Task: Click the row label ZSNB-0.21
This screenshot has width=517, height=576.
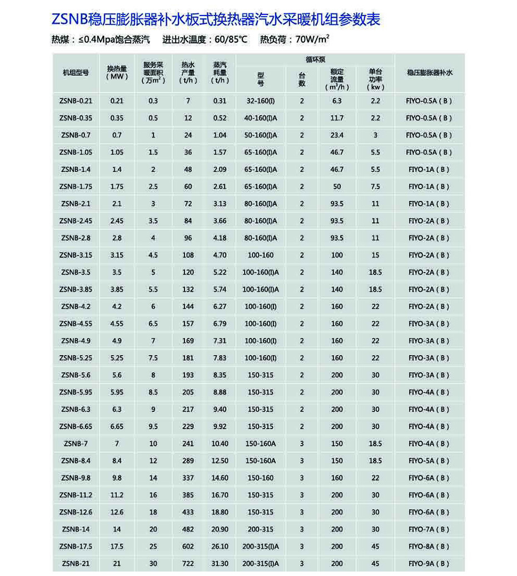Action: tap(76, 101)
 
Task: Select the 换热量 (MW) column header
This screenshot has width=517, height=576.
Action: tap(117, 72)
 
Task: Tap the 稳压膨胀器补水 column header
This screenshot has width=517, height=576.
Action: tap(430, 72)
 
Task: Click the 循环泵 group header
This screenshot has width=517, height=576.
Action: tap(315, 58)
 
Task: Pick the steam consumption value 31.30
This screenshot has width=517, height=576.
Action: tap(220, 564)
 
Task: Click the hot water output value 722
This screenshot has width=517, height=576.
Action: tap(188, 564)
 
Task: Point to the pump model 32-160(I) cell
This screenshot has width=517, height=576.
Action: tap(260, 101)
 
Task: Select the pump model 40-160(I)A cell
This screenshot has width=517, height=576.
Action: tap(260, 118)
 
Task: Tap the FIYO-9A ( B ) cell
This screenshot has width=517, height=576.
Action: tap(429, 564)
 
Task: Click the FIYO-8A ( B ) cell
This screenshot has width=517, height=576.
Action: tap(429, 547)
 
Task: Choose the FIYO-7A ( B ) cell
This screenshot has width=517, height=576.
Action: tap(429, 529)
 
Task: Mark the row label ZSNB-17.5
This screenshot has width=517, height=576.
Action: tap(76, 547)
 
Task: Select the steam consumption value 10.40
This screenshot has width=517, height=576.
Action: tap(220, 444)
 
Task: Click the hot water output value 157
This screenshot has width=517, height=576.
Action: tap(188, 323)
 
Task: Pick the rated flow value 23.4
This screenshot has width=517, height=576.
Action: tap(337, 135)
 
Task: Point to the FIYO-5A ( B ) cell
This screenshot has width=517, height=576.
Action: tap(429, 461)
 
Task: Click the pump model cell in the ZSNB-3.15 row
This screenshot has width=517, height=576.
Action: tap(260, 255)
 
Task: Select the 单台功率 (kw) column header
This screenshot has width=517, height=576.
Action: tap(375, 79)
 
